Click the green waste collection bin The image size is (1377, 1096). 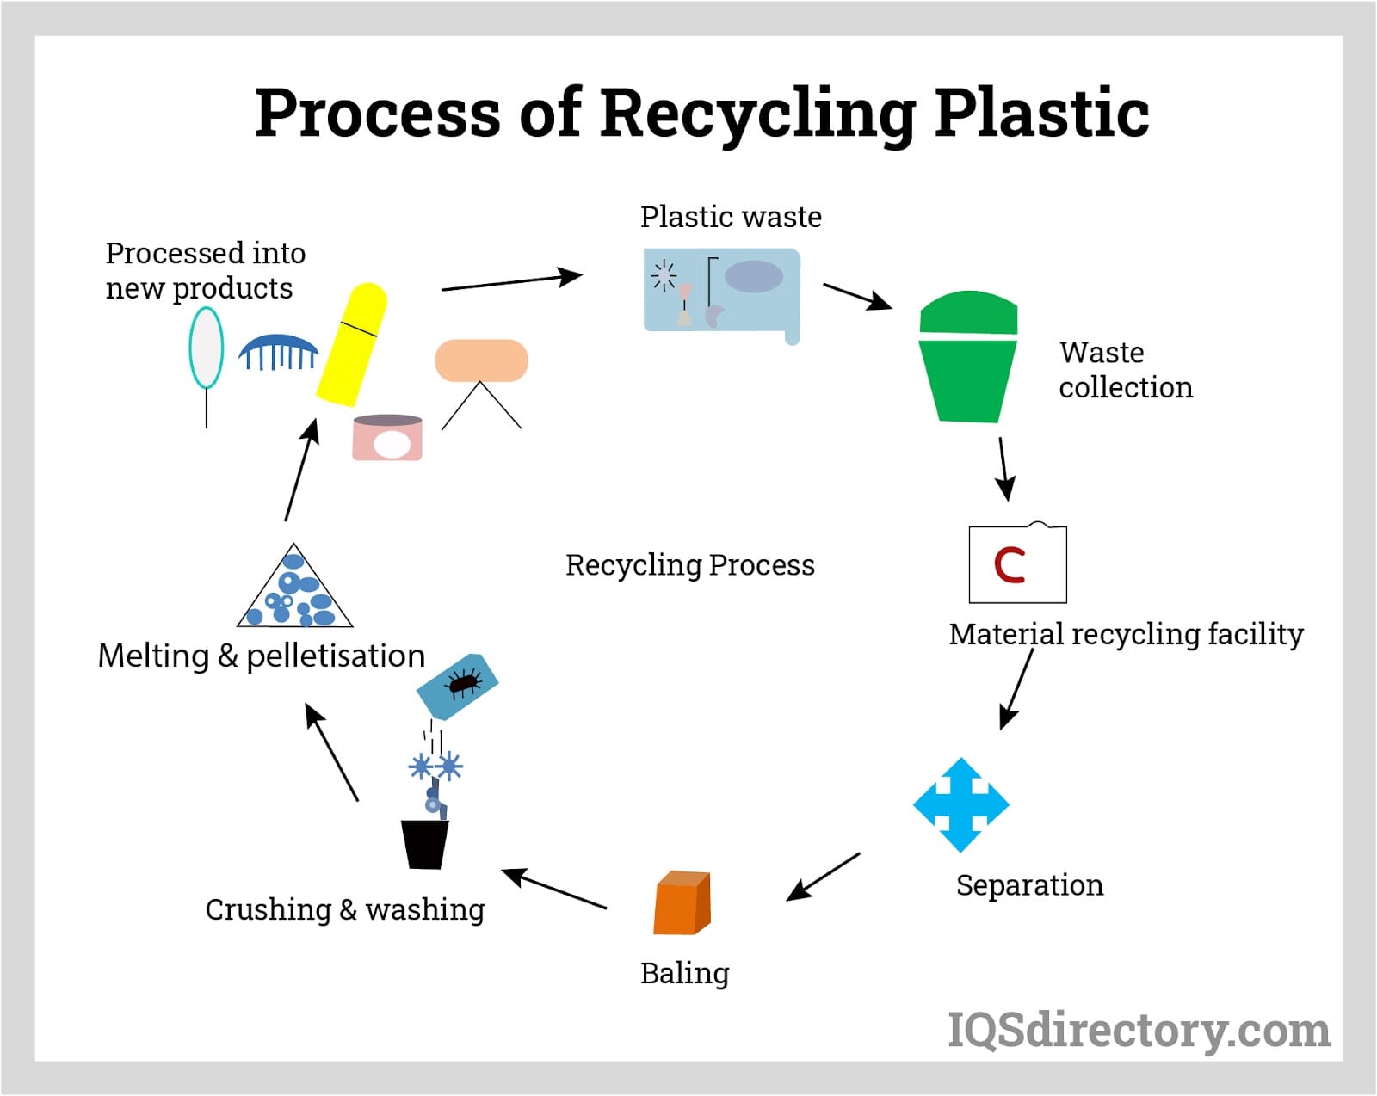968,361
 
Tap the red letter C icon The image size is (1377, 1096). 1010,565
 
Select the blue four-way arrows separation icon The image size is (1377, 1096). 960,805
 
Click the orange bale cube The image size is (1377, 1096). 682,904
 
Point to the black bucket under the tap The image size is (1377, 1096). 425,843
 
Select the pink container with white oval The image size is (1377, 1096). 388,438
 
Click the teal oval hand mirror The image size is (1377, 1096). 207,348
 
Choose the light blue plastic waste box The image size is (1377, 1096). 721,292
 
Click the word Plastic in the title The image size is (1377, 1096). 1041,114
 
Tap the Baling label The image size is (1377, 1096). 684,973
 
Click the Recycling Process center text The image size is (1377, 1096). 689,565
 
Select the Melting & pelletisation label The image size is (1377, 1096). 261,656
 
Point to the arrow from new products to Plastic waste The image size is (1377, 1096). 511,282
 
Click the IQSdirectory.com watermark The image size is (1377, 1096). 1138,1030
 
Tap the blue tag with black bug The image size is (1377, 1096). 457,687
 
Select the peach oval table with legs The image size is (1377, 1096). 481,361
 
